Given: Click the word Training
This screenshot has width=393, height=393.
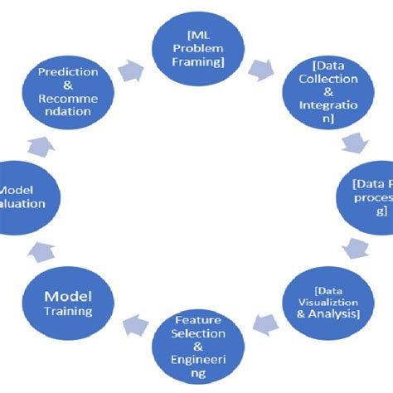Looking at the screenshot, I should [x=68, y=312].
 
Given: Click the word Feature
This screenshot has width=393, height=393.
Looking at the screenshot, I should [x=198, y=319].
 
